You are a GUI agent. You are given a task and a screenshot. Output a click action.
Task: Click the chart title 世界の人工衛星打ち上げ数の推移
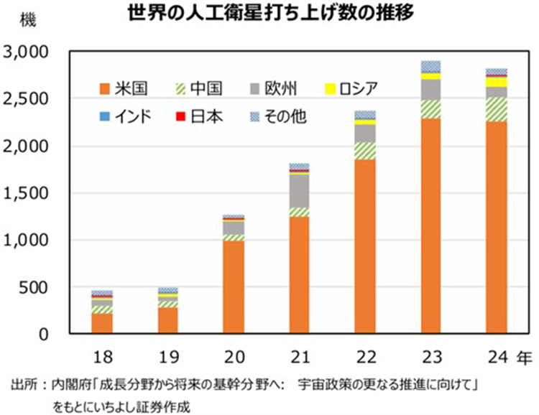[x=270, y=14]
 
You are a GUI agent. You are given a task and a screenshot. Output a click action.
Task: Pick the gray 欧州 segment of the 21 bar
[x=299, y=191]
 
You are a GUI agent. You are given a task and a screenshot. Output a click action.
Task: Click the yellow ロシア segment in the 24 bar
[x=497, y=82]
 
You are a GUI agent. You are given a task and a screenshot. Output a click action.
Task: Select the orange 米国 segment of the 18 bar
[x=101, y=323]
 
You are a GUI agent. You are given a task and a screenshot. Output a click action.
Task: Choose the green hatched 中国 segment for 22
[x=365, y=150]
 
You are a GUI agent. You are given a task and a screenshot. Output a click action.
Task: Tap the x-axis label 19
[x=167, y=355]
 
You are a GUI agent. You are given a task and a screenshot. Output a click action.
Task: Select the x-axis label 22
[x=365, y=355]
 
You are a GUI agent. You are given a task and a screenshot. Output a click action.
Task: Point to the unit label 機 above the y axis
[x=27, y=19]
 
